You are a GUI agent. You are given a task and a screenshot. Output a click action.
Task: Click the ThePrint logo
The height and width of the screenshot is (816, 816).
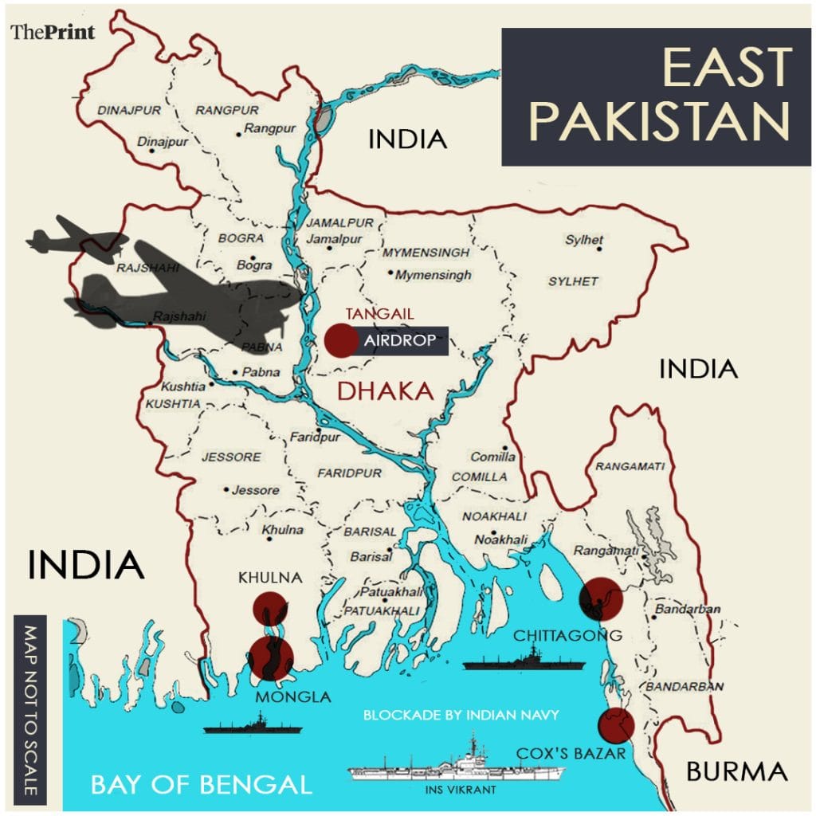(53, 33)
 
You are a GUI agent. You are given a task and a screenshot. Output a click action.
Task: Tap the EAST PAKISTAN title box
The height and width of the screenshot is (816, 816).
(656, 96)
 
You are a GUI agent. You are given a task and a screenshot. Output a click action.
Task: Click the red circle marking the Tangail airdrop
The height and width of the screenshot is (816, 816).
(341, 340)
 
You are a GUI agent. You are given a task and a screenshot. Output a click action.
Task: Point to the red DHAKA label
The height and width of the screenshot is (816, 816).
(385, 390)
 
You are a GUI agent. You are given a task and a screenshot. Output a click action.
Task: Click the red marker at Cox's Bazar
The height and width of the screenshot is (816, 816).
(616, 724)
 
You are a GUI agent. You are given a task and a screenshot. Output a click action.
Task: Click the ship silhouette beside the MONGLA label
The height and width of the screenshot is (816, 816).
(252, 725)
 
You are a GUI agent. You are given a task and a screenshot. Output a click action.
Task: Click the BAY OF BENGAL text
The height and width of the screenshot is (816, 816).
(201, 784)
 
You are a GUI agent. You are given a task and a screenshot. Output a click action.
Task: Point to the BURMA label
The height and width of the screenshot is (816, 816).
(736, 771)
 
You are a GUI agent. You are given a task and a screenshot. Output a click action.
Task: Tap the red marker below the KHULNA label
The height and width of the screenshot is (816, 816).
(269, 608)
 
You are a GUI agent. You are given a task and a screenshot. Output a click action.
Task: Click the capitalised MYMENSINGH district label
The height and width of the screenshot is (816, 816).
(426, 253)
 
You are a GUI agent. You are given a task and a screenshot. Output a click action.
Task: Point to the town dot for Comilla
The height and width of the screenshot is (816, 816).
(504, 448)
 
